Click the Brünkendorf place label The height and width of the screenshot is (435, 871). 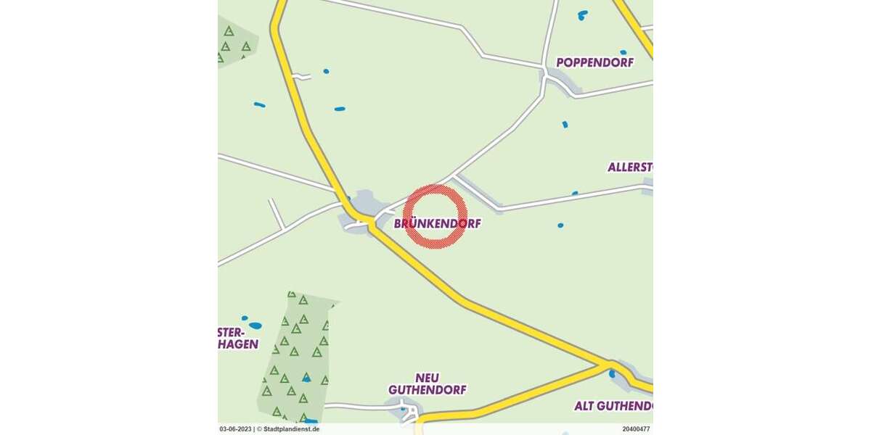click(437, 224)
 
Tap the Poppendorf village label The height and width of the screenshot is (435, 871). click(594, 62)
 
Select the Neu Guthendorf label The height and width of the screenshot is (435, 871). click(427, 384)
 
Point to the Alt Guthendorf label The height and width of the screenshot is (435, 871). click(613, 405)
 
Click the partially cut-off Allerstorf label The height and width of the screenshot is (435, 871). click(630, 167)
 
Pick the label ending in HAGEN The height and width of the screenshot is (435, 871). click(238, 344)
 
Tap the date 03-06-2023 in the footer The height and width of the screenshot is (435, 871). click(235, 429)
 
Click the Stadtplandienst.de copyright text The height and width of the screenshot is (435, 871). click(288, 429)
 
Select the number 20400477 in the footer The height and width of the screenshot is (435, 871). click(635, 429)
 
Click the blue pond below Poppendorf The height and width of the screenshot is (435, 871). click(565, 125)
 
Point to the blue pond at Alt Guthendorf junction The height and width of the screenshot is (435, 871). click(612, 374)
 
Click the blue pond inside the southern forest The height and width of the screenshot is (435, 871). click(307, 378)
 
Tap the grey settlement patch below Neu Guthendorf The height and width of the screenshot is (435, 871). click(406, 413)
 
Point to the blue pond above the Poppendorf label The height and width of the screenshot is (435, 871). click(583, 14)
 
